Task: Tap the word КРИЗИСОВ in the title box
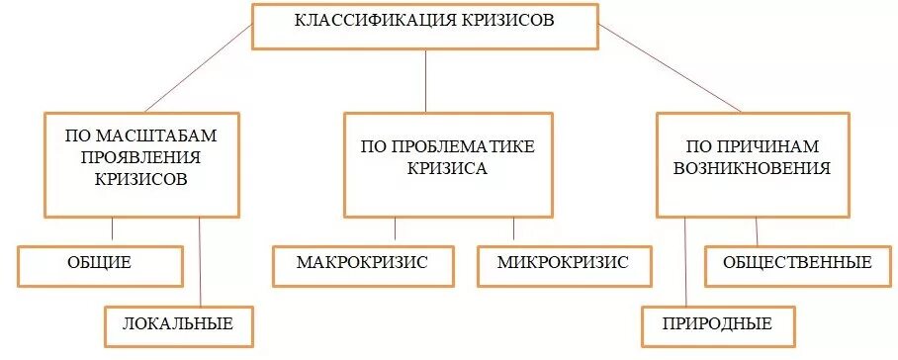point(508,21)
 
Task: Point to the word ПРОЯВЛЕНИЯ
point(141,157)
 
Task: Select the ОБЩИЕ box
point(100,264)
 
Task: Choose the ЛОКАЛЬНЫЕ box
point(178,324)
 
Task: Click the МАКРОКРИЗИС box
point(362,264)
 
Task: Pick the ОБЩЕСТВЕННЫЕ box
point(797,263)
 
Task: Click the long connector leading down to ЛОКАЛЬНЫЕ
point(201,262)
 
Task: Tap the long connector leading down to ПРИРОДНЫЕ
point(684,262)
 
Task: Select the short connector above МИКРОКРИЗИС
point(513,229)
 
